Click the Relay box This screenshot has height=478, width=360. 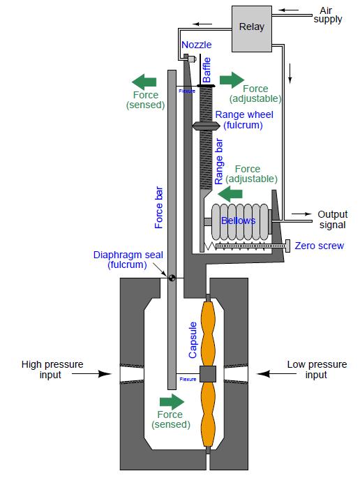(252, 27)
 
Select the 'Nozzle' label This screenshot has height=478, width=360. (195, 45)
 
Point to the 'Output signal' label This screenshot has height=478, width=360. (332, 219)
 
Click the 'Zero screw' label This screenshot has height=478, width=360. (319, 246)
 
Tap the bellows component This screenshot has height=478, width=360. (238, 221)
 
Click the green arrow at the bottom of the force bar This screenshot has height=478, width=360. (172, 401)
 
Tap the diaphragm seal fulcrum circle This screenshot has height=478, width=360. (171, 278)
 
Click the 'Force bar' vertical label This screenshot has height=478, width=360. (159, 207)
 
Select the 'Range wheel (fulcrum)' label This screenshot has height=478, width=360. (244, 119)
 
